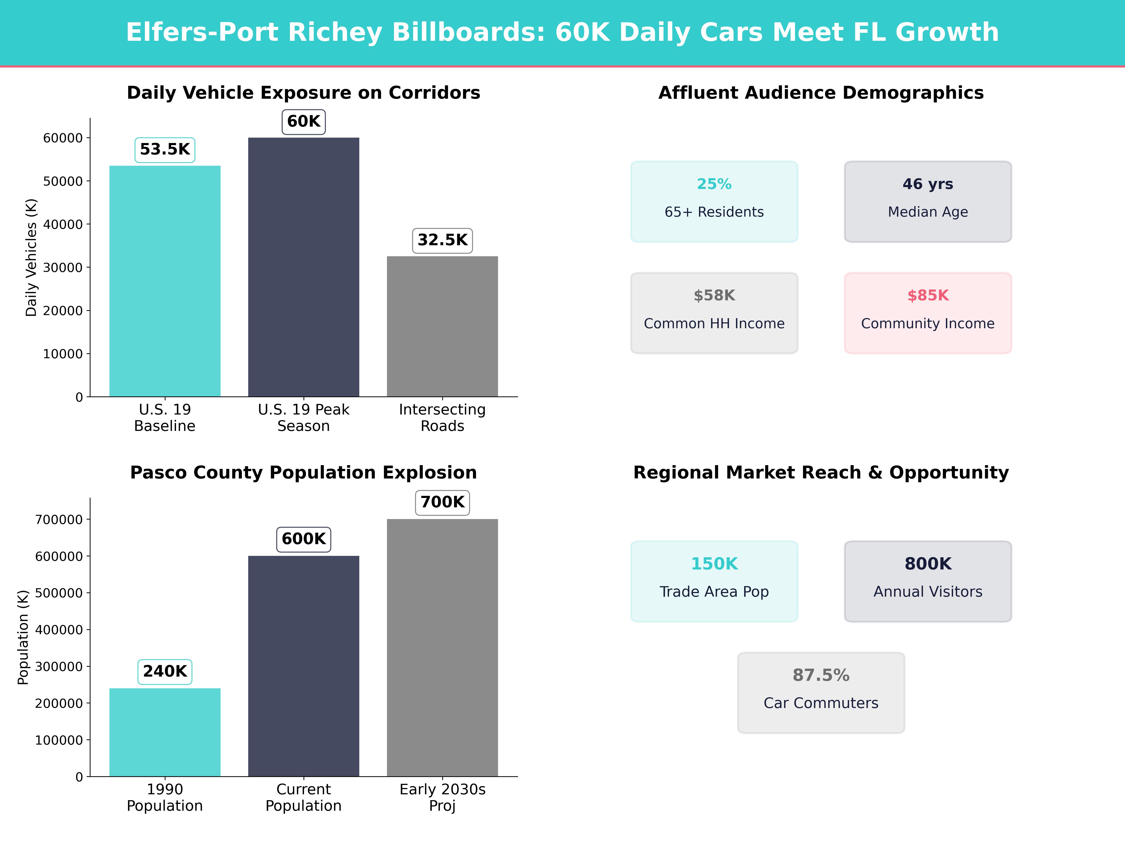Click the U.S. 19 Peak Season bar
click(304, 267)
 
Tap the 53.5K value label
click(165, 150)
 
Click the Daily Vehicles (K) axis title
click(32, 257)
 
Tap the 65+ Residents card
click(714, 201)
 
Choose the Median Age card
click(928, 201)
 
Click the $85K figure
click(928, 296)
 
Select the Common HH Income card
click(714, 313)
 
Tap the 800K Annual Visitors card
click(928, 581)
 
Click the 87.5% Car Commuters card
click(821, 692)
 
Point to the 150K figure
click(714, 564)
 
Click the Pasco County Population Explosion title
click(304, 473)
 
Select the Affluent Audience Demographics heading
click(821, 93)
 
